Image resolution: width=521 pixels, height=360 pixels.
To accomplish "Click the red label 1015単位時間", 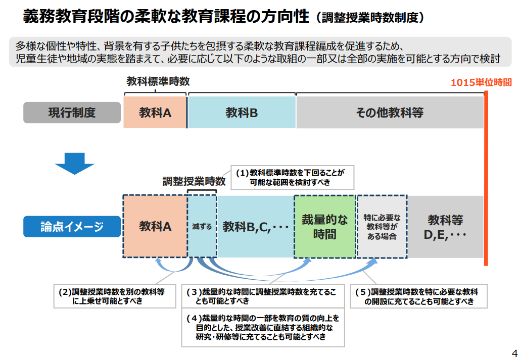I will point(481,82).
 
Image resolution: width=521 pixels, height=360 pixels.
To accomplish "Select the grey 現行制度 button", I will point(72,112).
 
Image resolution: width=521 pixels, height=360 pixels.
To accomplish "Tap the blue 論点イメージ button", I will point(72,227).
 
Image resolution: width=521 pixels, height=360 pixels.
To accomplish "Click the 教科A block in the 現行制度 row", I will point(155,112).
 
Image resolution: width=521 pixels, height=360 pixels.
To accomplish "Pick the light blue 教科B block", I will point(242,112).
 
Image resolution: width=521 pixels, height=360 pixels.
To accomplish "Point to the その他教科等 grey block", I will point(389,112).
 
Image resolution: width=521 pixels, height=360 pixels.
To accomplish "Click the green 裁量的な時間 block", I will point(325,227).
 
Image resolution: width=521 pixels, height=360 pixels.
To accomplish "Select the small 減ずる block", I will point(202,227).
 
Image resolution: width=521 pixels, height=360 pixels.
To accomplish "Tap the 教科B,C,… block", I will point(255,227).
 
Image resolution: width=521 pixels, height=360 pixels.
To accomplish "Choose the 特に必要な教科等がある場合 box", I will point(382,227).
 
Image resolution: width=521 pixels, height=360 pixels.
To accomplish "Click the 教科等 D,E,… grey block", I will point(445,227).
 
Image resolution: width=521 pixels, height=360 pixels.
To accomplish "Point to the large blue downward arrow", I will point(74,163).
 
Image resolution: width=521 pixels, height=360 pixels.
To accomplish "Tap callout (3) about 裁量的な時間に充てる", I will point(262,296).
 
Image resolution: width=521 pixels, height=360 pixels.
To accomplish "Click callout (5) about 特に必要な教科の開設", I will point(418,296).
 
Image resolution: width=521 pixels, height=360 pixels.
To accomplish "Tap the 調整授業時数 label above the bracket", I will point(194,181).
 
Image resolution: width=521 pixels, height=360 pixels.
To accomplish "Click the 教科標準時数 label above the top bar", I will point(158,82).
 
